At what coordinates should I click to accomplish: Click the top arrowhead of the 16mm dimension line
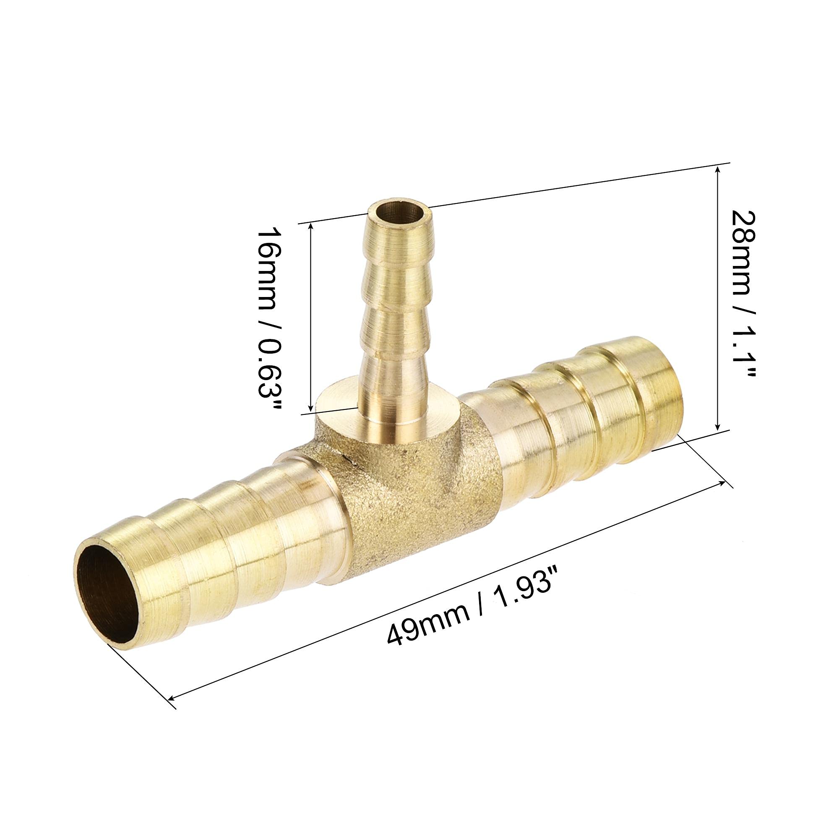pyautogui.click(x=310, y=227)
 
